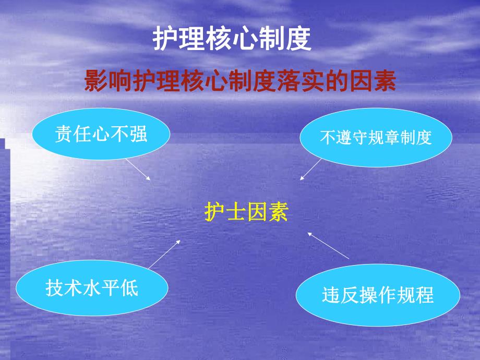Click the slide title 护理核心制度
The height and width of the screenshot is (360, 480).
tap(232, 40)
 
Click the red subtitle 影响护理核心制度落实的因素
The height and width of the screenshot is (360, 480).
tap(240, 82)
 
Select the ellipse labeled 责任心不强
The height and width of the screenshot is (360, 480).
tap(101, 135)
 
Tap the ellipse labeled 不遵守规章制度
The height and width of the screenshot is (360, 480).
tap(376, 137)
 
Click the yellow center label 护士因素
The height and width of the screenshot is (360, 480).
tap(246, 213)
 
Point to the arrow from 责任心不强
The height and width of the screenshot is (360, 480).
tap(138, 169)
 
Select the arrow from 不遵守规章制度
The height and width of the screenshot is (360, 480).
tap(311, 170)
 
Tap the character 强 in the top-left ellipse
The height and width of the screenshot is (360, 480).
tap(139, 135)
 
